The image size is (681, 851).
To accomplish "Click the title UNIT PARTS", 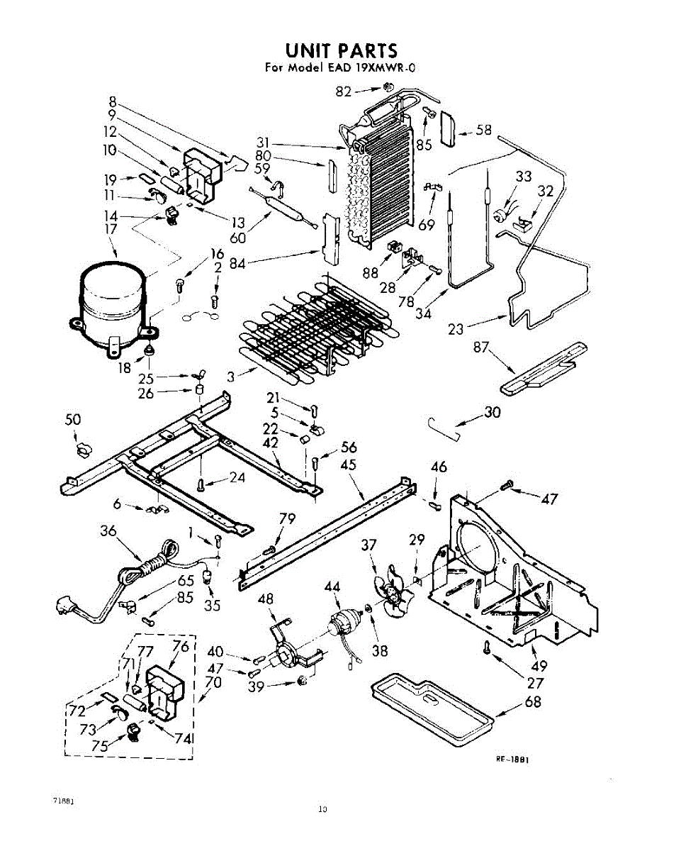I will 341,50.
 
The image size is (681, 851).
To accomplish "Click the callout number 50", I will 73,420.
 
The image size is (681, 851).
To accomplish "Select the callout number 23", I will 456,329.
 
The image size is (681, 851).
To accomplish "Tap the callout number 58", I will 483,130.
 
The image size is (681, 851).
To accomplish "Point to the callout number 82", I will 344,91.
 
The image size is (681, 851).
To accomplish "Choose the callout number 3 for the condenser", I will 231,377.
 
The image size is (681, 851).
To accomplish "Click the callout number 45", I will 348,466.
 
